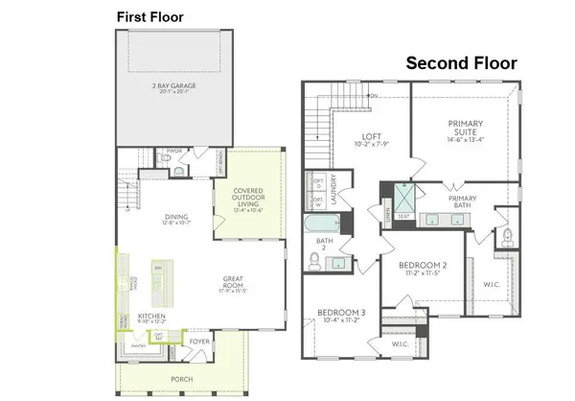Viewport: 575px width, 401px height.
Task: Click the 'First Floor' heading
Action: tap(149, 16)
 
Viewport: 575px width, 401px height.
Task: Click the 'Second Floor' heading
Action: tap(461, 63)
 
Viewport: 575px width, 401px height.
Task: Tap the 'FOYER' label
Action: tap(200, 341)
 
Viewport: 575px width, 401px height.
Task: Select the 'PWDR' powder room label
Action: tap(174, 151)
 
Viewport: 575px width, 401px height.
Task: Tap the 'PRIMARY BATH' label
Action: tap(471, 203)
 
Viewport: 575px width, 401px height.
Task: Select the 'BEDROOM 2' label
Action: tap(424, 267)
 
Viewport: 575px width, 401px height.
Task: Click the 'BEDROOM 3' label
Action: tap(340, 318)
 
